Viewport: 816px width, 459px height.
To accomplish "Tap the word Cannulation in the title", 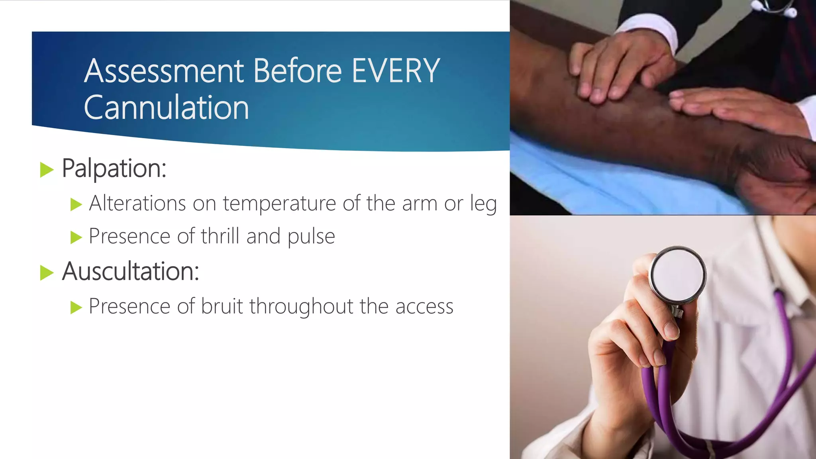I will tap(166, 108).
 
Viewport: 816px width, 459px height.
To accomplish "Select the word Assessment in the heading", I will tap(164, 71).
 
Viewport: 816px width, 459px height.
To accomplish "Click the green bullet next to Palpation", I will tap(47, 170).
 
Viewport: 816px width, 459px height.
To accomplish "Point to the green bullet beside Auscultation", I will tap(47, 273).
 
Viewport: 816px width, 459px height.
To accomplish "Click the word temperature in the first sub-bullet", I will tap(279, 204).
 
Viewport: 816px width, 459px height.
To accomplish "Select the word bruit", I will tap(222, 306).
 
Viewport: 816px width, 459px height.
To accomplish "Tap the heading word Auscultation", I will tap(130, 272).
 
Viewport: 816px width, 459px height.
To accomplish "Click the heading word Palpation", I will tap(114, 169).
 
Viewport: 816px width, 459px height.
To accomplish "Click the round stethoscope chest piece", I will tap(678, 275).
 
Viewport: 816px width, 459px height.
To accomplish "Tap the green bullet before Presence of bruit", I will tap(76, 307).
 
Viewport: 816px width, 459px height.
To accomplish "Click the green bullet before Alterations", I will tap(76, 204).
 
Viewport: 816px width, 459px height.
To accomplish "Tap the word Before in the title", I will tap(297, 71).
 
